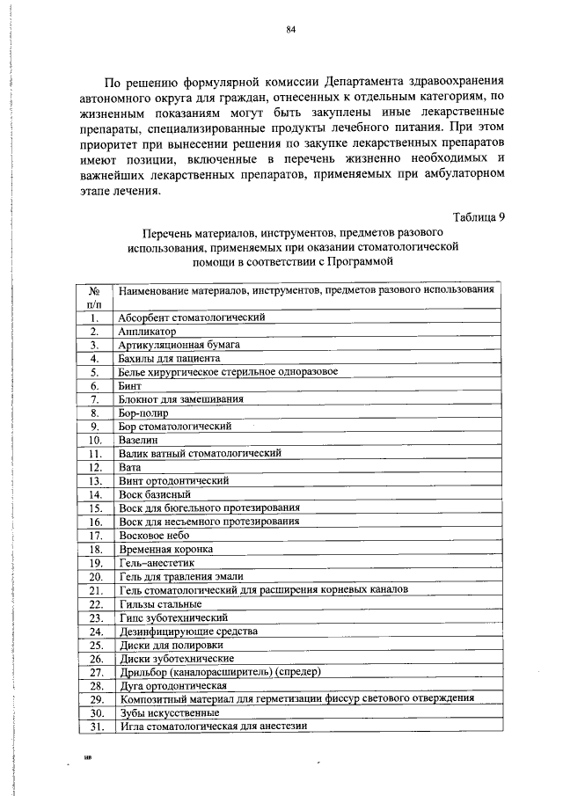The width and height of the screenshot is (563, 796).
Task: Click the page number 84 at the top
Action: tap(290, 29)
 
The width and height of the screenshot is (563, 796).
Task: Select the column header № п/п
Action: tap(95, 296)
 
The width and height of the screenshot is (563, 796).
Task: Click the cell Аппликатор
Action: tap(147, 331)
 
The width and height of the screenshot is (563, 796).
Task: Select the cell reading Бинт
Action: tap(129, 385)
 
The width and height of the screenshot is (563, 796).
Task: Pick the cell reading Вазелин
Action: tap(137, 440)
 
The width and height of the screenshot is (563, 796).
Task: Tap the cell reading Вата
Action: tap(129, 467)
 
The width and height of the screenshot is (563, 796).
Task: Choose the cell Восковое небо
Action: tap(154, 535)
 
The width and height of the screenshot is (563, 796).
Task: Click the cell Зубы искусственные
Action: tap(168, 712)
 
